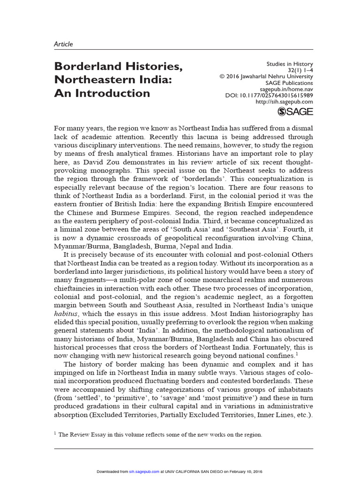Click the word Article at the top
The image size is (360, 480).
point(63,44)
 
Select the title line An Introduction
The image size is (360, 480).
point(102,93)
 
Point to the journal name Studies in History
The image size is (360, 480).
point(289,64)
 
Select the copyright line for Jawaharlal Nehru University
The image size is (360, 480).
point(266,76)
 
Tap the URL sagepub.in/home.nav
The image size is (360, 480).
point(286,89)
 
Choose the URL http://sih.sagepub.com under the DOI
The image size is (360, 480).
point(285,102)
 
